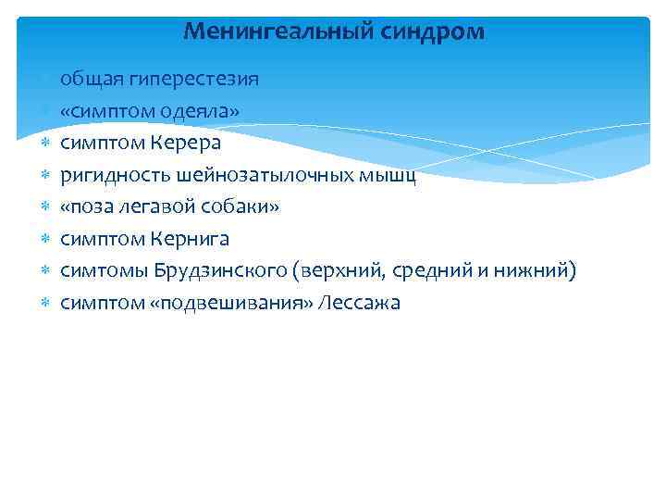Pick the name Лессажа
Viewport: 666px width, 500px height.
point(358,303)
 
